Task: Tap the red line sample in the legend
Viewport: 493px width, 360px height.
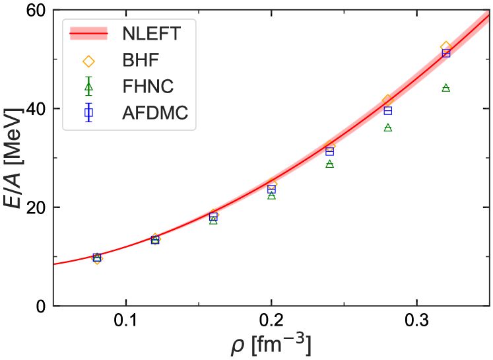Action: (x=88, y=33)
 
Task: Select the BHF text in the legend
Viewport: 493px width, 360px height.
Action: (x=139, y=60)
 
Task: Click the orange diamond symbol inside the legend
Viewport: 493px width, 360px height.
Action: (x=88, y=61)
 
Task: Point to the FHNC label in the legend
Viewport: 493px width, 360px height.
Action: (x=148, y=87)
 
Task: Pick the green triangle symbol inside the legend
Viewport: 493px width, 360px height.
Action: (x=88, y=87)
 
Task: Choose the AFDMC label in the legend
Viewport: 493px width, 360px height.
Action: (x=155, y=114)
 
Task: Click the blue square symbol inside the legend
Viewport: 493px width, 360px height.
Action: (x=88, y=114)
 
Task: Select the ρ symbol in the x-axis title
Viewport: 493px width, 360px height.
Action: (x=236, y=345)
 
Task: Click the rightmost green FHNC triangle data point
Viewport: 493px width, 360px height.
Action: (x=445, y=87)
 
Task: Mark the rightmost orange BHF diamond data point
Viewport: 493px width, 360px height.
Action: (x=445, y=46)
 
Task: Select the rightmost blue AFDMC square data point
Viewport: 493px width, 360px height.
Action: (x=445, y=53)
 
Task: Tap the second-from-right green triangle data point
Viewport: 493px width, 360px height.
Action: (x=388, y=127)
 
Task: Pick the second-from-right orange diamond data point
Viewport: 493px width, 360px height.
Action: (x=388, y=100)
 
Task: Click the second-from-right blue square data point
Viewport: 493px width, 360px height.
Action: (x=388, y=110)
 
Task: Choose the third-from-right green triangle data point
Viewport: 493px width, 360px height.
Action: (x=330, y=163)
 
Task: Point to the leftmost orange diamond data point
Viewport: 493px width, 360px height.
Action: (x=98, y=258)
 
